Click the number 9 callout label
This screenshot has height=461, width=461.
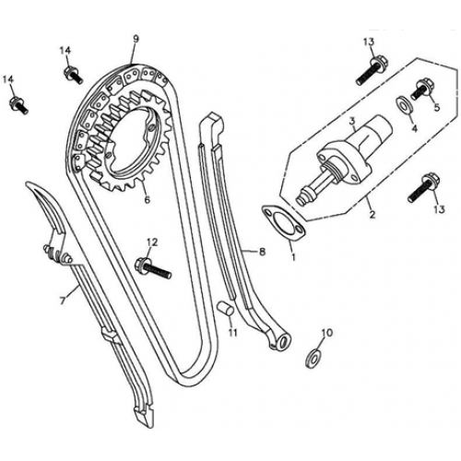click(x=136, y=39)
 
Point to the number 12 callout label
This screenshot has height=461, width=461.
click(x=151, y=242)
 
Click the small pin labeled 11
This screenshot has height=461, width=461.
click(x=224, y=309)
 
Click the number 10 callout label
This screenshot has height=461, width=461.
click(x=325, y=332)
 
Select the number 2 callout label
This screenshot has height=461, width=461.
click(x=372, y=216)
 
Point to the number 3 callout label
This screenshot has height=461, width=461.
click(x=352, y=120)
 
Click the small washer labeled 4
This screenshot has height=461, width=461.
click(x=405, y=104)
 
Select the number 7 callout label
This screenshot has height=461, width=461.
click(x=62, y=301)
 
